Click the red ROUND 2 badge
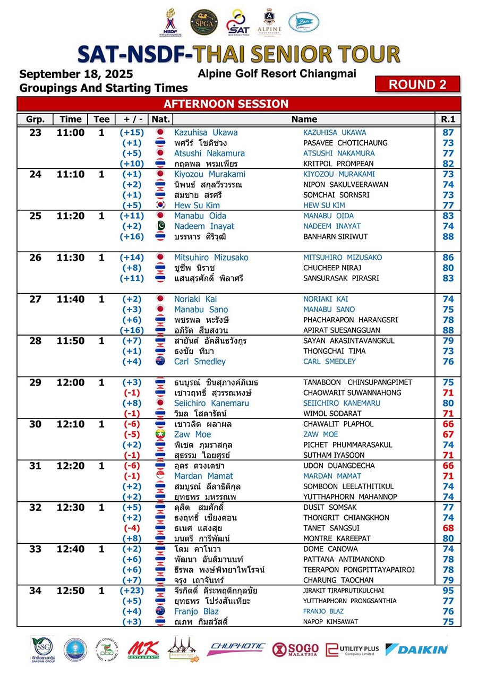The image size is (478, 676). point(417,84)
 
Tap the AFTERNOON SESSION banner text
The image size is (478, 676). point(226,104)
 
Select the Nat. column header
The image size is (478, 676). point(160,119)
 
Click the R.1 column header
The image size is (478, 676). point(448,119)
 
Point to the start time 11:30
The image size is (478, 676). point(70,258)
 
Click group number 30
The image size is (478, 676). point(35,424)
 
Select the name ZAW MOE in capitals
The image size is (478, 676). point(320,434)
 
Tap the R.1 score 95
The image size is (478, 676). point(448,591)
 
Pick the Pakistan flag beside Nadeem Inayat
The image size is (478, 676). point(160,226)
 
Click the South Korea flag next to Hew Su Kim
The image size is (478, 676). point(160,206)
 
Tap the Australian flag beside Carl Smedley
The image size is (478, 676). point(160,362)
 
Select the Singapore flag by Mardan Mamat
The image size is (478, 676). point(160,476)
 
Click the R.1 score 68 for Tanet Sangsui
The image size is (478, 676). point(448,528)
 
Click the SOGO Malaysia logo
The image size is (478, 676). point(295,649)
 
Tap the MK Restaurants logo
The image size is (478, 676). point(143,649)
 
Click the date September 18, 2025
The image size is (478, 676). point(76,74)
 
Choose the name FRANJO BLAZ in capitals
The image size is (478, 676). point(323,611)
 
